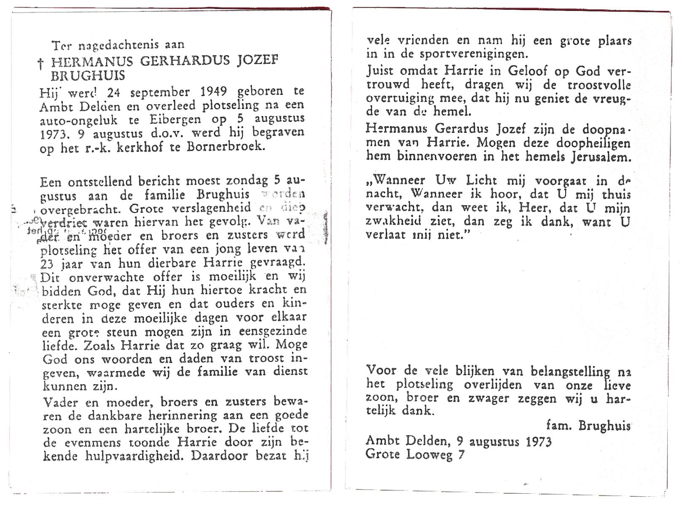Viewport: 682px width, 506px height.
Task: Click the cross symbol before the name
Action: coord(41,64)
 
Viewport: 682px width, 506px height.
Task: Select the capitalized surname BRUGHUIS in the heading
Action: coord(88,76)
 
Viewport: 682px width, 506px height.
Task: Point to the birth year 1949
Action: coord(214,92)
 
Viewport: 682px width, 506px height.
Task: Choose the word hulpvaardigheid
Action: coord(134,456)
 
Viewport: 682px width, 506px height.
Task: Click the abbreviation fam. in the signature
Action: coord(558,425)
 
